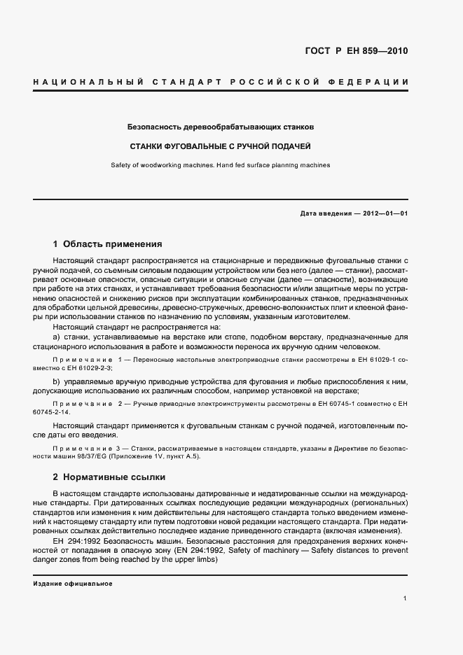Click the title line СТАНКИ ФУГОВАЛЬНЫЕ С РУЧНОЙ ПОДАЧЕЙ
pyautogui.click(x=220, y=147)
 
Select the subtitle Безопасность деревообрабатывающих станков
pyautogui.click(x=220, y=128)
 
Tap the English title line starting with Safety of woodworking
pyautogui.click(x=220, y=165)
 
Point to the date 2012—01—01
pyautogui.click(x=381, y=213)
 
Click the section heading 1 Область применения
pyautogui.click(x=107, y=244)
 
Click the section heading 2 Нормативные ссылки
pyautogui.click(x=109, y=477)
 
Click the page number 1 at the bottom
pyautogui.click(x=406, y=598)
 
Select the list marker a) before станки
pyautogui.click(x=57, y=337)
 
